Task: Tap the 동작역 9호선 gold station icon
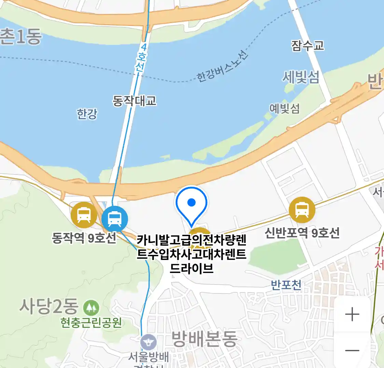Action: (84, 215)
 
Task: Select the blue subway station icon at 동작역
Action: (115, 219)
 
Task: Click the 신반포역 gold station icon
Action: (302, 210)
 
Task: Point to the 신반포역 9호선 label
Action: (302, 233)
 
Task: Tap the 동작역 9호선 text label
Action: (84, 237)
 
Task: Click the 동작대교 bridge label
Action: (134, 101)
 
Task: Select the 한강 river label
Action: (87, 114)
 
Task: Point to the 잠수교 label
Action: (308, 45)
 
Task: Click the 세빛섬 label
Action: (301, 77)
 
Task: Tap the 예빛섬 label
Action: (284, 108)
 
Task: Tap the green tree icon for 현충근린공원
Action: (91, 308)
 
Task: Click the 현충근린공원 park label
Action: (91, 322)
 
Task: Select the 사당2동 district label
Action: (48, 306)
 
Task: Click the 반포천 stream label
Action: (286, 285)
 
